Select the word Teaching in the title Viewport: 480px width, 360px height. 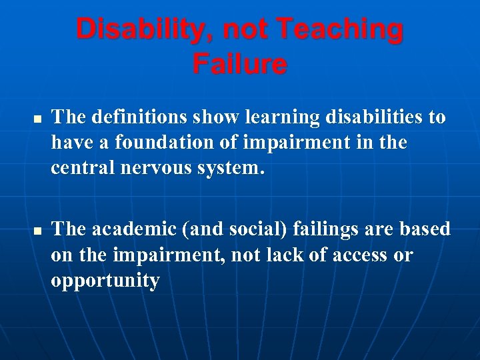click(x=339, y=30)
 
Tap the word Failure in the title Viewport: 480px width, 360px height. click(x=240, y=65)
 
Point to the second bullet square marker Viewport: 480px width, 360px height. click(x=37, y=231)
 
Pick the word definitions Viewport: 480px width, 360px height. click(x=137, y=117)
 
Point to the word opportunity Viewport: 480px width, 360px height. click(x=105, y=281)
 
